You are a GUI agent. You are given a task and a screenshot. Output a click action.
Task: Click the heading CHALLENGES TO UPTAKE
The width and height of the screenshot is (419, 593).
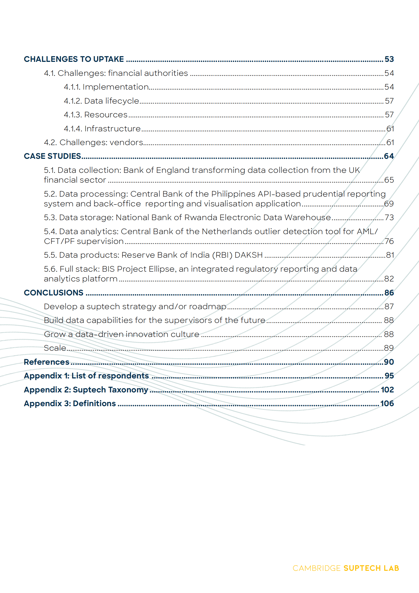(74, 59)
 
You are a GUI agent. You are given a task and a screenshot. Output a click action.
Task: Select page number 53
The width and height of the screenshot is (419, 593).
(389, 59)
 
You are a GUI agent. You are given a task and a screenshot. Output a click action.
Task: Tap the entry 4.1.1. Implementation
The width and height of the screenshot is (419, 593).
(106, 87)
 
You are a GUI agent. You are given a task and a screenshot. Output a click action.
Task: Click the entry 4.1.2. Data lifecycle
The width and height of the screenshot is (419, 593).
(101, 101)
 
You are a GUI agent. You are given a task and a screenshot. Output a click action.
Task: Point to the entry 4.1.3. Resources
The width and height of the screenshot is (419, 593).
(96, 115)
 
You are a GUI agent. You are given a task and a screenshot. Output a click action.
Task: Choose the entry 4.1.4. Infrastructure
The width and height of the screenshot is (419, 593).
(102, 129)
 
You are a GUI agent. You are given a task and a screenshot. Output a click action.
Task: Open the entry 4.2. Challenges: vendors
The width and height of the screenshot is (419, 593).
(94, 142)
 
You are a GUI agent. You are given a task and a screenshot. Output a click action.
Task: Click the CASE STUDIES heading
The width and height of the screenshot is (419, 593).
(52, 156)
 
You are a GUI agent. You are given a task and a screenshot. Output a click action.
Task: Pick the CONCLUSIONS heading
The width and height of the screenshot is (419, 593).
(54, 293)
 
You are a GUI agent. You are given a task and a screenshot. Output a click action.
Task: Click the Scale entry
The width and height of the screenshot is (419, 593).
(55, 348)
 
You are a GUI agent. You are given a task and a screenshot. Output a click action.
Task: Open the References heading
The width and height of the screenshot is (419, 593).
(46, 362)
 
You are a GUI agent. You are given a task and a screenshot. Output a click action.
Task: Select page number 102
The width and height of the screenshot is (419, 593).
(387, 390)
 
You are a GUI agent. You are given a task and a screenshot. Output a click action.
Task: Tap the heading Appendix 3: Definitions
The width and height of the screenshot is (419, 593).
(70, 404)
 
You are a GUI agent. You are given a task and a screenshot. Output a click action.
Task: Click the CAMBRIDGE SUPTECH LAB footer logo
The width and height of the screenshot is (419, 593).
(346, 568)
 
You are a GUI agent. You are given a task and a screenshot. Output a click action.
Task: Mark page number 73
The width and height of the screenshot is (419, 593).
(389, 217)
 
